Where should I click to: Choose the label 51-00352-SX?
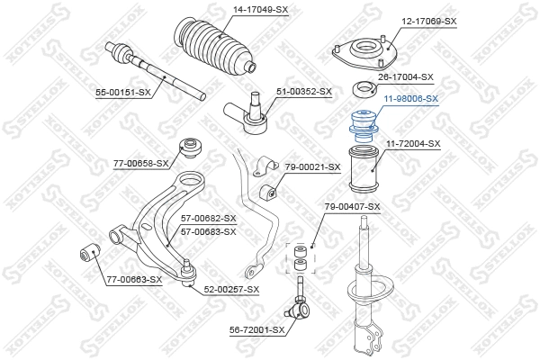coord(303,92)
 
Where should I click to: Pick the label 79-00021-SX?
coord(312,166)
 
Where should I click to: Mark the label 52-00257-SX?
coord(230,289)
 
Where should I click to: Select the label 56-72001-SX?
coord(256,330)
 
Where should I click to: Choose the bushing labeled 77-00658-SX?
coord(190,145)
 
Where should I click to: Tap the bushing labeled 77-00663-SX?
coord(89,255)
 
